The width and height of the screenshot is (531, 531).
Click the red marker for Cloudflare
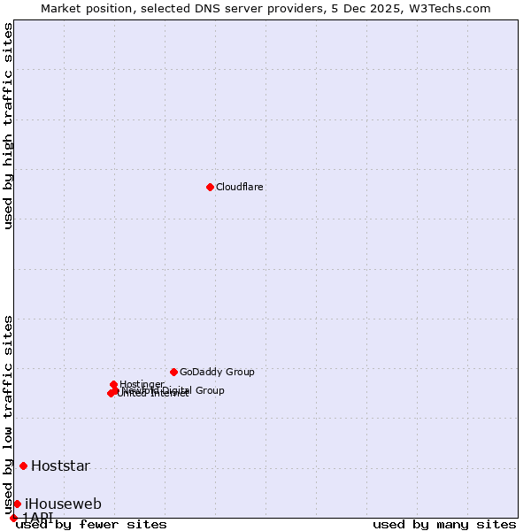210,187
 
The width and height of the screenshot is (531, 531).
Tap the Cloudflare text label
240,188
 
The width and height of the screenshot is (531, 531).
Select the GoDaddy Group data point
173,372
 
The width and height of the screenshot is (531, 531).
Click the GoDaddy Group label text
217,373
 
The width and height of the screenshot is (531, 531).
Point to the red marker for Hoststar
23,466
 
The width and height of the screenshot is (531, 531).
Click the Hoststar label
60,466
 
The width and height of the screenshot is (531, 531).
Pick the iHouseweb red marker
17,504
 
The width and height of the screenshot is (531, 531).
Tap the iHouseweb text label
63,504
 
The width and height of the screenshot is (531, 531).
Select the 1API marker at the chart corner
13,518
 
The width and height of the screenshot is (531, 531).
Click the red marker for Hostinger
114,384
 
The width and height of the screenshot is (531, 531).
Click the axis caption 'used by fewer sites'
91,524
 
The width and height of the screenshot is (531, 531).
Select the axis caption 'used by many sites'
444,524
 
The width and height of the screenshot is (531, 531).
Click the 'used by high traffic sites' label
9,126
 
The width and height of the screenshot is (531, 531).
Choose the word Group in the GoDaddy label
240,373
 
